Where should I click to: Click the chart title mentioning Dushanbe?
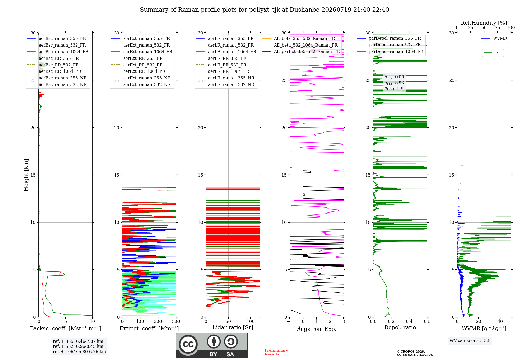(264, 10)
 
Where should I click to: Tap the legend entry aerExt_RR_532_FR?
(143, 65)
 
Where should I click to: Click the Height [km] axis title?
(26, 175)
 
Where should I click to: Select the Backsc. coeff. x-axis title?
(66, 328)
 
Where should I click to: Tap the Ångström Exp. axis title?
(317, 329)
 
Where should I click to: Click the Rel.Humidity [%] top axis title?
(484, 23)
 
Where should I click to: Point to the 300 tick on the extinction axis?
(176, 321)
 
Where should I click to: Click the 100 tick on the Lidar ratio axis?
(251, 321)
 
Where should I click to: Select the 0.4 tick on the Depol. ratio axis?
(409, 321)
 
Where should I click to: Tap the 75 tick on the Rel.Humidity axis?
(498, 28)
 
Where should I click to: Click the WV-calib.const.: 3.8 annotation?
(470, 341)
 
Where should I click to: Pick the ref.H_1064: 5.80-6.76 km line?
(79, 352)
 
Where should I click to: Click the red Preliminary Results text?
(276, 352)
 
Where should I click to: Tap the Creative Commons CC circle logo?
(188, 344)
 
